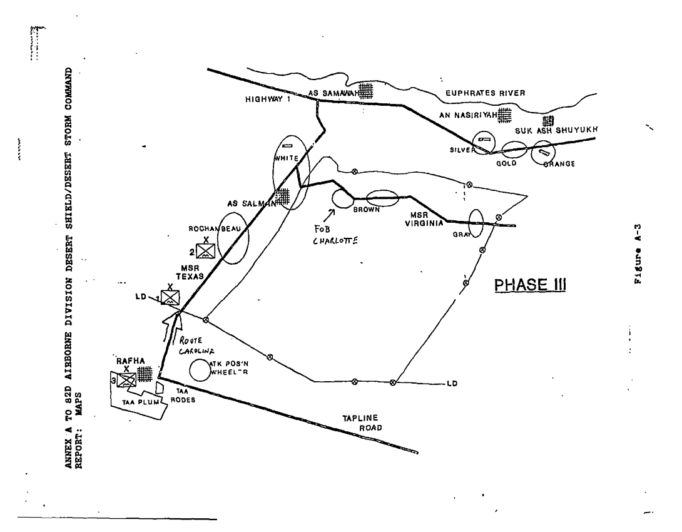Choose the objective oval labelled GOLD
515,149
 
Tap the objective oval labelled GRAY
476,223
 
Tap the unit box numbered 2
205,251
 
